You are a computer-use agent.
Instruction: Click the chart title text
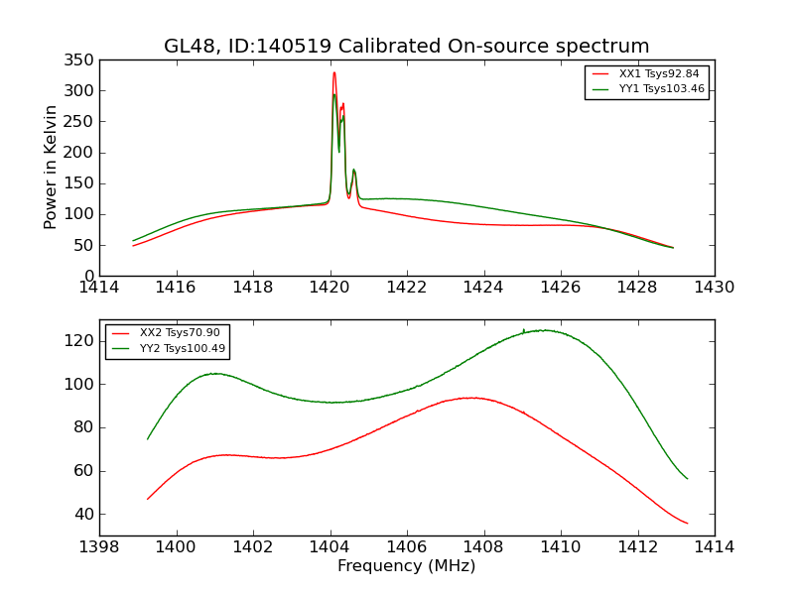[x=407, y=47]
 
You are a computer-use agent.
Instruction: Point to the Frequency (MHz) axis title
[x=407, y=566]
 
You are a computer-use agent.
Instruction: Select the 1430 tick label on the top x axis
[x=715, y=288]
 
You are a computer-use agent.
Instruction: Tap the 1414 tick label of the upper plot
[x=100, y=288]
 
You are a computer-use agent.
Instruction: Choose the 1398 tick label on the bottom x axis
[x=100, y=546]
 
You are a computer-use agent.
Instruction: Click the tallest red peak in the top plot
[x=333, y=72]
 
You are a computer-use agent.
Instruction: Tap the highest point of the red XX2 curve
[x=473, y=398]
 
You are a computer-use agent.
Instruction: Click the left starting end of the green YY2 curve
[x=148, y=439]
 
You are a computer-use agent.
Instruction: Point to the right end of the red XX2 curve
[x=687, y=524]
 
